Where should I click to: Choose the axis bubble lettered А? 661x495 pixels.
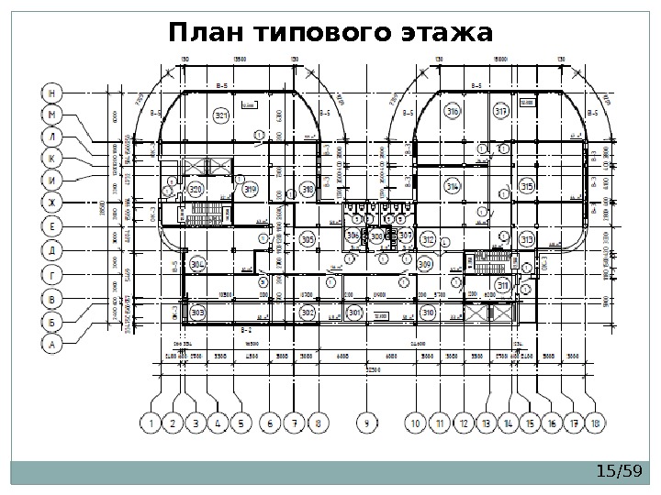click(x=54, y=344)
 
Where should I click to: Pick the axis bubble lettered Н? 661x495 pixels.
click(x=54, y=93)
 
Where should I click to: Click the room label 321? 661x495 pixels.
click(x=221, y=115)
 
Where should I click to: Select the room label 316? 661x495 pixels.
click(x=452, y=111)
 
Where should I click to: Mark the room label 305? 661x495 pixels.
click(x=308, y=238)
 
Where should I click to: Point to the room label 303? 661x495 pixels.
click(x=198, y=313)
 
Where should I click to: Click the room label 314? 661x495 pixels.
click(x=452, y=186)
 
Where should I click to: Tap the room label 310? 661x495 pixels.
click(x=428, y=313)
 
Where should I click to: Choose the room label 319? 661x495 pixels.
click(x=252, y=190)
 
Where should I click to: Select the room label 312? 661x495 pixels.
click(x=428, y=239)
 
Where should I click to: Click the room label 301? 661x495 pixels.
click(x=354, y=313)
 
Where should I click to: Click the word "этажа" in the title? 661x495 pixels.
click(x=447, y=34)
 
